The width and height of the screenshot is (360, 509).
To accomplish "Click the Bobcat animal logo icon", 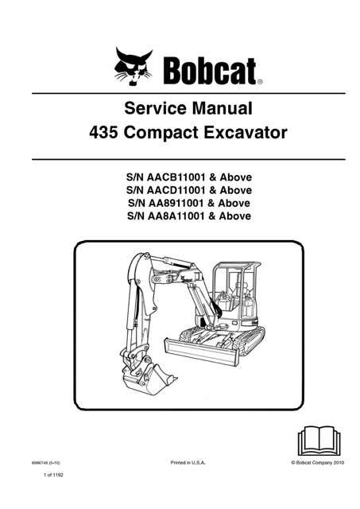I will click(134, 67).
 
